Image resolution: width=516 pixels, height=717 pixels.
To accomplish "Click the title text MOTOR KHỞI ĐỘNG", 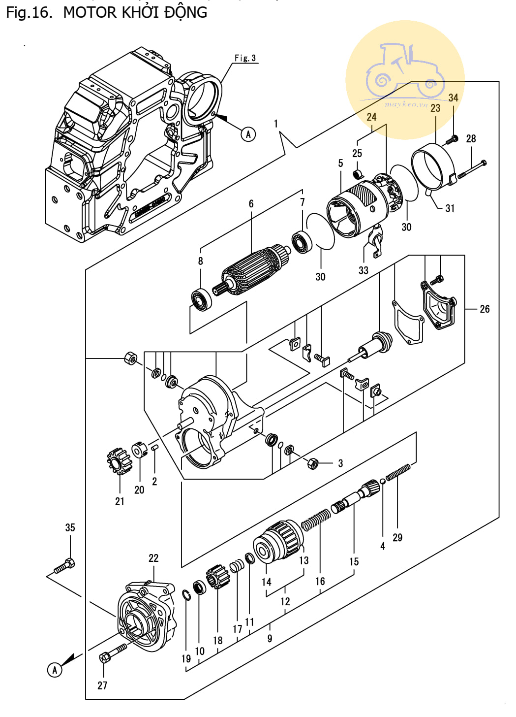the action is tap(135, 13).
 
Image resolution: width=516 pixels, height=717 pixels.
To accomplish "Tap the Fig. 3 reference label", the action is tap(245, 58).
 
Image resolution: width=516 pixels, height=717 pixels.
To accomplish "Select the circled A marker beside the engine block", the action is tap(248, 134).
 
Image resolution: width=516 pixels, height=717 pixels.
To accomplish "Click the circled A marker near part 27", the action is tap(55, 670).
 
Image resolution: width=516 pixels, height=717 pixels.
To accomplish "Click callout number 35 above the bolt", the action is tap(70, 527).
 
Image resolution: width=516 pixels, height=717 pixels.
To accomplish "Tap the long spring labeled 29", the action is tap(398, 472).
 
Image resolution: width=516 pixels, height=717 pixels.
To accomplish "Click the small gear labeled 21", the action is tap(120, 461).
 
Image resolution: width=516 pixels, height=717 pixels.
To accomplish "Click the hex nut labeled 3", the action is tap(312, 463).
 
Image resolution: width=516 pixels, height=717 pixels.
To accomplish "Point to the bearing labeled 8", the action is tap(201, 299).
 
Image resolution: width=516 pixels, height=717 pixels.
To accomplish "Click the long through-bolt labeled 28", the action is tap(472, 169).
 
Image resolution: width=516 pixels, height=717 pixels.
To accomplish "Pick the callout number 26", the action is tap(485, 309).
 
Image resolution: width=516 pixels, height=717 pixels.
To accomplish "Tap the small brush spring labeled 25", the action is tap(359, 174).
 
